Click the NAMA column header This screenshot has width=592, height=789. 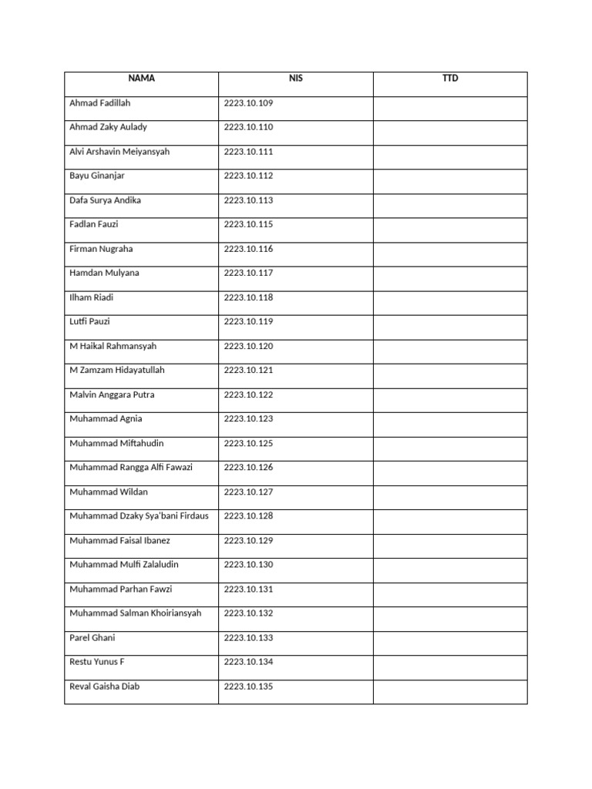[142, 79]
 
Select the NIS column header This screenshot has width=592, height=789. [296, 79]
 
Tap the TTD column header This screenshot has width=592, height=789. [450, 79]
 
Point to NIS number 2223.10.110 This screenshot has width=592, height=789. [248, 127]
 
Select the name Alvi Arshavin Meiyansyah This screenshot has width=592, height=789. [119, 152]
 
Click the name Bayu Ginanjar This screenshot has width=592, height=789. [97, 176]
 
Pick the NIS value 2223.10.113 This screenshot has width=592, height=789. [248, 200]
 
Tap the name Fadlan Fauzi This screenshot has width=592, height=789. [94, 224]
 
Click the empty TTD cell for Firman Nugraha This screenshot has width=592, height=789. [450, 249]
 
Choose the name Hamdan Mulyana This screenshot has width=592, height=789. [104, 273]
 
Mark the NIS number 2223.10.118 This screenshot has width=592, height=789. [248, 297]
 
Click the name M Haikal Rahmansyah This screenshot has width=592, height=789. [113, 346]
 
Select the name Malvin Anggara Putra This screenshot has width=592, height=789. [112, 394]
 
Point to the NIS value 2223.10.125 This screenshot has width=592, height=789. [248, 443]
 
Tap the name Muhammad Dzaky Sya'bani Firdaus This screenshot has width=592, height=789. [139, 516]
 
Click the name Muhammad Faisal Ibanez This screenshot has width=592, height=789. [120, 540]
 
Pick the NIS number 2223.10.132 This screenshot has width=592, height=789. [248, 613]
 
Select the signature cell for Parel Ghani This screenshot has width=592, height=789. [450, 638]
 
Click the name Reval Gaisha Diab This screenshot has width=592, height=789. [105, 687]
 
